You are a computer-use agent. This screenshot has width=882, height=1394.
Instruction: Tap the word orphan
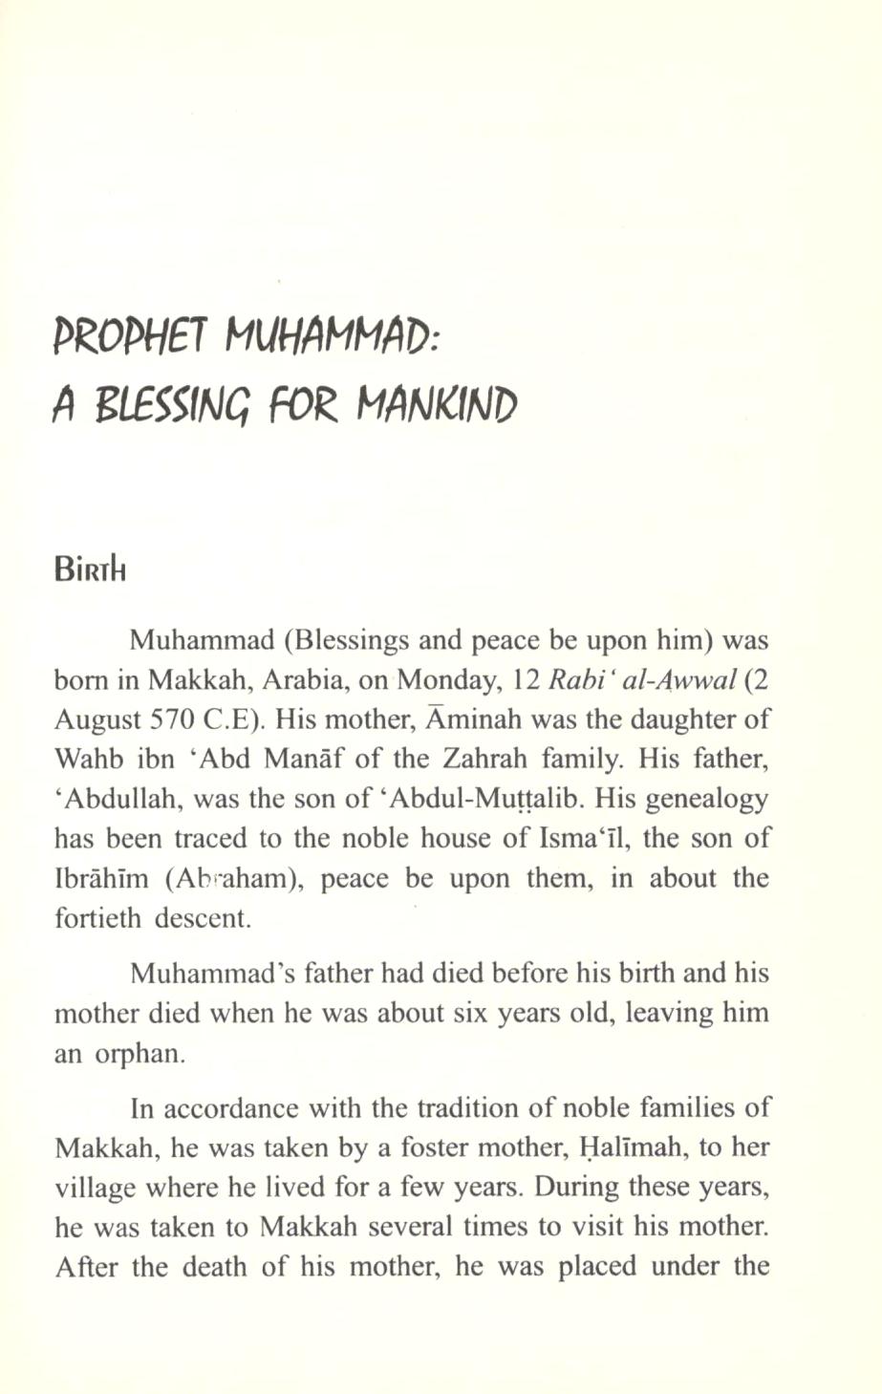click(134, 1055)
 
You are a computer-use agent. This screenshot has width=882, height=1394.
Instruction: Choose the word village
click(94, 1188)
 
